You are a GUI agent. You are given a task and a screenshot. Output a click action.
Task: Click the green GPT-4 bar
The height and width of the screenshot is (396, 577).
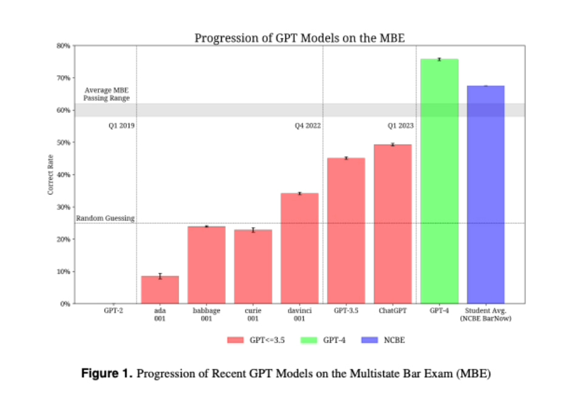439,182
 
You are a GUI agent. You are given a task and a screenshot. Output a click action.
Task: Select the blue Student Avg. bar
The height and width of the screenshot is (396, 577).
486,194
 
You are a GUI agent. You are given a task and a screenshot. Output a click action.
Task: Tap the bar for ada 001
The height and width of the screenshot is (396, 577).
160,290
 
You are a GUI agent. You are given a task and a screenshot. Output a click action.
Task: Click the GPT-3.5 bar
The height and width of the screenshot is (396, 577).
346,231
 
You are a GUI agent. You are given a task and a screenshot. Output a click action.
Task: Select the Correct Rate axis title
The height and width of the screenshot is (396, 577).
50,174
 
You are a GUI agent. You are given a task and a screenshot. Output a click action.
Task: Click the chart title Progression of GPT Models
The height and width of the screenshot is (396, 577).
299,38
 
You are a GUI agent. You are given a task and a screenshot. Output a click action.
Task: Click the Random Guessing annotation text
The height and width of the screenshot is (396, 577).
105,218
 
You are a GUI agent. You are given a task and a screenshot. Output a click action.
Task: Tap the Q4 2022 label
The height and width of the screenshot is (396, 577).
307,126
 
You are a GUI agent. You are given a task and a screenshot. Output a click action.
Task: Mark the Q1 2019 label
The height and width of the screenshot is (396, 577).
121,126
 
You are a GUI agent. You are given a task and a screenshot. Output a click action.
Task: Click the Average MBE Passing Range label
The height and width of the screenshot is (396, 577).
107,94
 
